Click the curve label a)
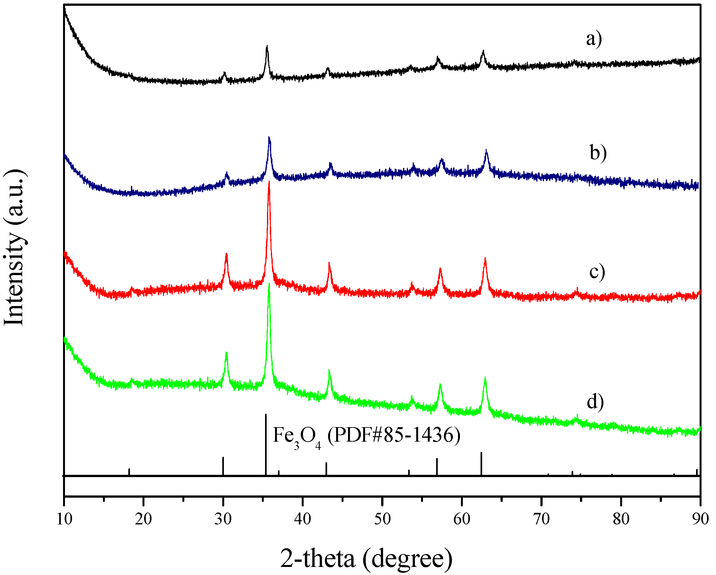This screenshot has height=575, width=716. pos(594,40)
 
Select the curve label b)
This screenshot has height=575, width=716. pos(598,153)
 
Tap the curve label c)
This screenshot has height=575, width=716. pos(597,272)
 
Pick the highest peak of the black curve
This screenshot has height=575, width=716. pos(267,48)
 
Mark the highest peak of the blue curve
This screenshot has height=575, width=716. pos(269,138)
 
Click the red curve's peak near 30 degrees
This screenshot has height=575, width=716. pos(226,254)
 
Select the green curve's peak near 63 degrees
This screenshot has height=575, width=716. pos(485,379)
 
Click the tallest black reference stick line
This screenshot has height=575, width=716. pos(266,444)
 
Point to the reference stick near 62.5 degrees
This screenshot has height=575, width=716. pos(481,463)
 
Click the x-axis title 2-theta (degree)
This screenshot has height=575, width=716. pos(366,559)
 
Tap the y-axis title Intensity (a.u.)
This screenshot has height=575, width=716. pos(14,248)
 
